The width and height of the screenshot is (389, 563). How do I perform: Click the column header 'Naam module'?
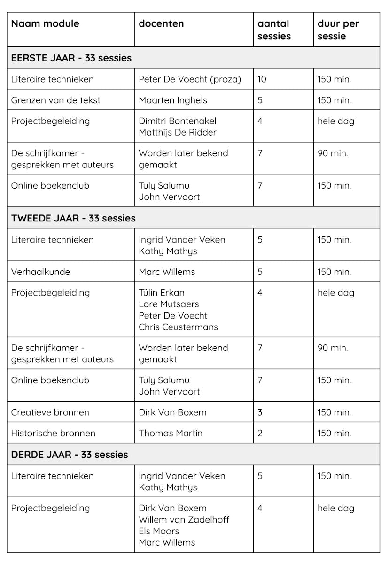point(45,23)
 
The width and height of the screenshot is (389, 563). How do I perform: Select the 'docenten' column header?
point(161,23)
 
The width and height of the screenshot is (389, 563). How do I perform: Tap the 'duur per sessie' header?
point(338,30)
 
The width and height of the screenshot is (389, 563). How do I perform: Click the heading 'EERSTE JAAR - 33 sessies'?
point(71,58)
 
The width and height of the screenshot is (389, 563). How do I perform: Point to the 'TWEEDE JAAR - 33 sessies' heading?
point(73,218)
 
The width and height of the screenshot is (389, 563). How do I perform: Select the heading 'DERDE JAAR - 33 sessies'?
point(70,455)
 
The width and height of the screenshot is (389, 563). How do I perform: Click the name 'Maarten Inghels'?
point(173,100)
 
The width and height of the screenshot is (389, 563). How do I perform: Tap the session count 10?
point(262,79)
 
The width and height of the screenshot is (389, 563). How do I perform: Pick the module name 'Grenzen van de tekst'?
point(56,100)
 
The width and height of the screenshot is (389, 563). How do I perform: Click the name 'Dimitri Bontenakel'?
point(178,121)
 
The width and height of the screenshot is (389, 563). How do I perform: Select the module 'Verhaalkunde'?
point(40,272)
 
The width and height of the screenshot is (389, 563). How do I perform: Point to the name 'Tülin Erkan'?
point(162,293)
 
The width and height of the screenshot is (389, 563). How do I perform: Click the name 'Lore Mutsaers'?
point(169,304)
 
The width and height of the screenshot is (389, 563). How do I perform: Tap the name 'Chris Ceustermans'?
point(178,327)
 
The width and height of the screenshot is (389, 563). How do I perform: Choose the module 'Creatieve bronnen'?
point(50,412)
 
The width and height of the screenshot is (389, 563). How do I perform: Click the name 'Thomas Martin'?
point(171,433)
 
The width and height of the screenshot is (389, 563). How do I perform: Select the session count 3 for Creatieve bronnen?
point(260,412)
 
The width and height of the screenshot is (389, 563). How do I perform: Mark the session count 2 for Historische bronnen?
point(260,433)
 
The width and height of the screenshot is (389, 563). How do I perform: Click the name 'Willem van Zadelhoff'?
point(184,519)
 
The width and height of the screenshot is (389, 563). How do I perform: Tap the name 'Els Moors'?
point(159,531)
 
